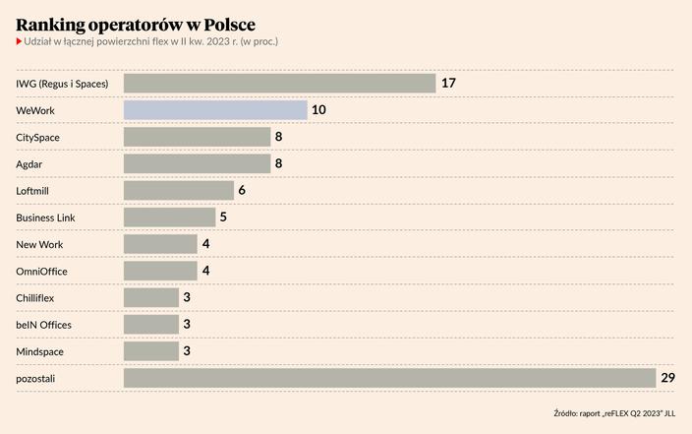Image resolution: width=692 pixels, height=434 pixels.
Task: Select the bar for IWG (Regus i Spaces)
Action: [279, 84]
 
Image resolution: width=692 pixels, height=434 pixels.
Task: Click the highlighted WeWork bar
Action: [215, 110]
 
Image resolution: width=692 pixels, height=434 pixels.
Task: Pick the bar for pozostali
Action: [389, 378]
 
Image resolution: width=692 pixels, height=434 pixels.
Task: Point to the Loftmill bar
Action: [179, 191]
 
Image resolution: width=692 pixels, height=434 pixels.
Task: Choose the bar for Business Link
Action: [169, 217]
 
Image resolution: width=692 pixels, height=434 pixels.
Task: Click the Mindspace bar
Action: [151, 351]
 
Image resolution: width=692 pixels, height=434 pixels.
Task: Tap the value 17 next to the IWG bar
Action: [448, 84]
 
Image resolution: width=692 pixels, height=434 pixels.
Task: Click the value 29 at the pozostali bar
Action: [668, 378]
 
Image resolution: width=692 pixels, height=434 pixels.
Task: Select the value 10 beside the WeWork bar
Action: [318, 110]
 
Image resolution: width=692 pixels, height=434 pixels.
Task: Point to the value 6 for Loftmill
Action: [242, 191]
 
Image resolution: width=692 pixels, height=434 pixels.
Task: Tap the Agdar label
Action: [29, 163]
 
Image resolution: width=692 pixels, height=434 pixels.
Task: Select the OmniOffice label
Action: [42, 271]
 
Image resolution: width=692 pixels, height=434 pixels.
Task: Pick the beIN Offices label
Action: [44, 325]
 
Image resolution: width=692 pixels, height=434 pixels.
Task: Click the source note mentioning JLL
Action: [614, 412]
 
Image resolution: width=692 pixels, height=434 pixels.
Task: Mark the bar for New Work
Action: [160, 244]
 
